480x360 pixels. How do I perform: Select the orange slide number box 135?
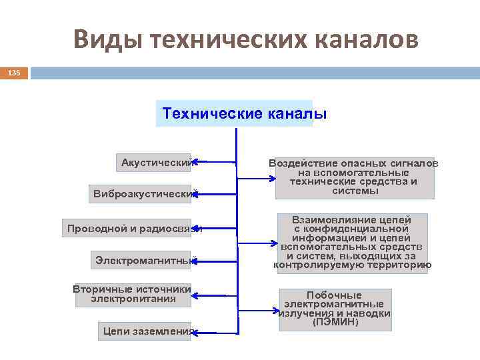(x=14, y=72)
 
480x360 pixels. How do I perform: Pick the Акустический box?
(x=155, y=162)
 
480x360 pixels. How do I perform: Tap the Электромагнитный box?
(x=143, y=261)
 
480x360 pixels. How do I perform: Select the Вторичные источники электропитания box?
(x=132, y=294)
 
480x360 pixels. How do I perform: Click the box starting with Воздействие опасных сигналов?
(x=354, y=177)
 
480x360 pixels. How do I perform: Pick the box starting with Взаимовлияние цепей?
(x=352, y=243)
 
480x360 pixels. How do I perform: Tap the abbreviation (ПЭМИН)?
(x=335, y=323)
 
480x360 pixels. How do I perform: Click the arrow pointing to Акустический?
(x=214, y=161)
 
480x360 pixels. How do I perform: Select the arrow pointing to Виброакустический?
(x=214, y=194)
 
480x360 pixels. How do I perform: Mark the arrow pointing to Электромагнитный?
(x=214, y=261)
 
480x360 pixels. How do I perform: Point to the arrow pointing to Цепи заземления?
(x=214, y=331)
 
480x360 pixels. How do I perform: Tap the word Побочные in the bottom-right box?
(x=334, y=295)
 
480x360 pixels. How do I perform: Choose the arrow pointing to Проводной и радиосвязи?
(x=217, y=229)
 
